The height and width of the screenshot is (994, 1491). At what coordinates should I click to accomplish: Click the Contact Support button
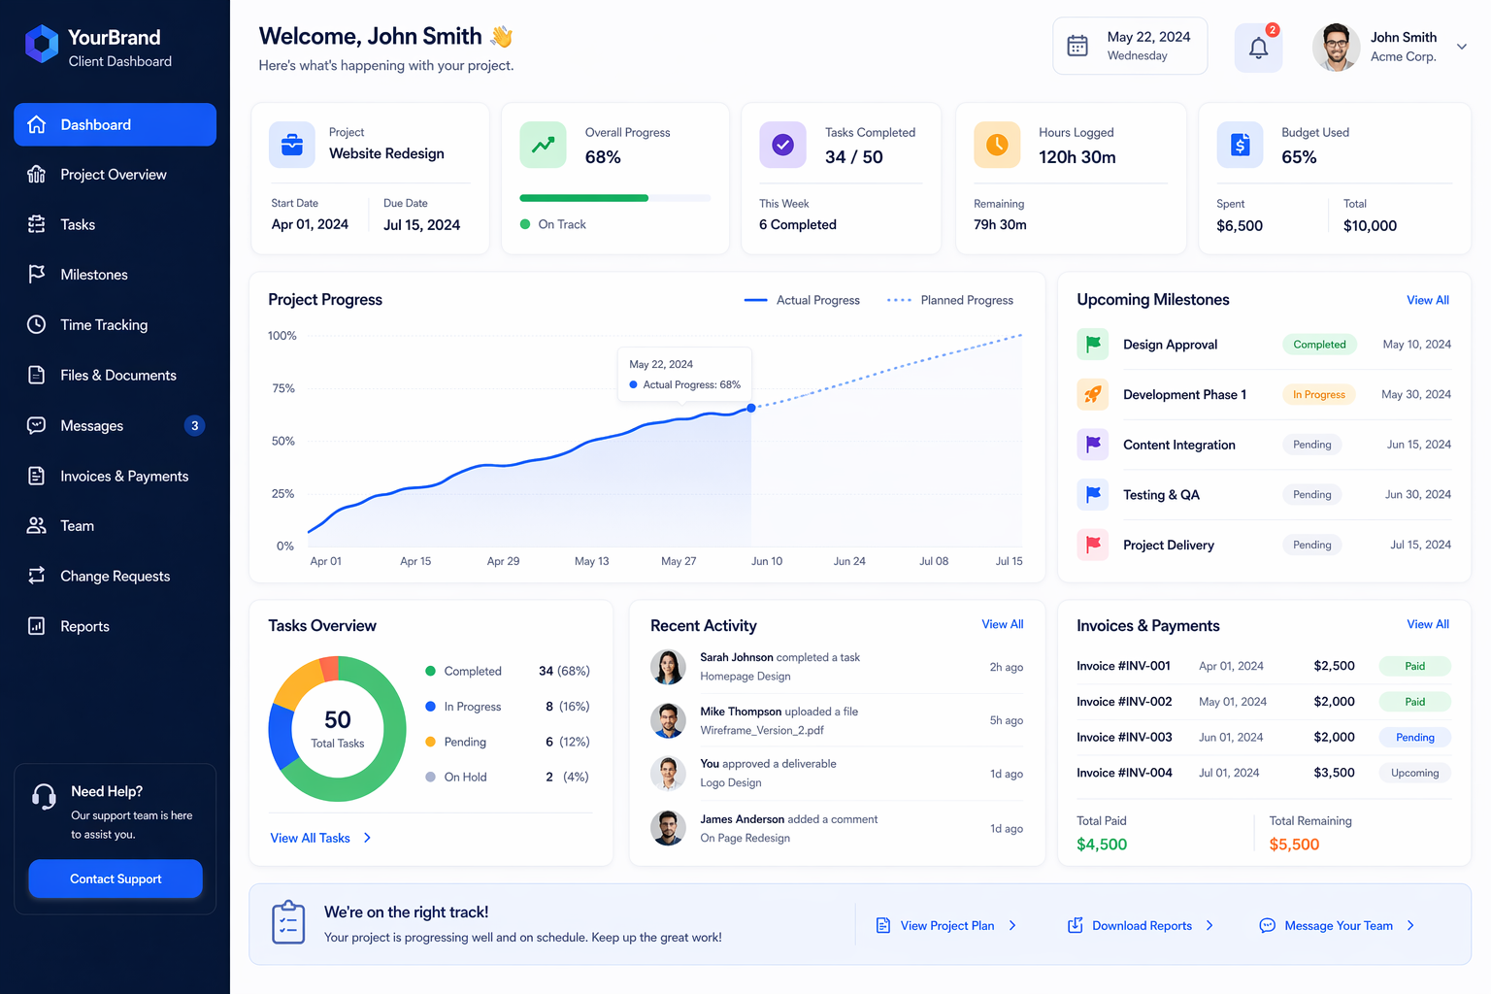[116, 878]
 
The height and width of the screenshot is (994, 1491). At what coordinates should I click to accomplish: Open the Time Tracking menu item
[104, 325]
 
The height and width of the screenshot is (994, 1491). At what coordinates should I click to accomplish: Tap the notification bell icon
[1258, 48]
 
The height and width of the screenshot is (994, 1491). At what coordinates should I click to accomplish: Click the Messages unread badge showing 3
[195, 425]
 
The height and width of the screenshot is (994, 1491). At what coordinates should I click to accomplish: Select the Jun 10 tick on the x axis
[767, 561]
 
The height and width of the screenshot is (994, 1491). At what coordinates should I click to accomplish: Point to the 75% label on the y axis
[283, 388]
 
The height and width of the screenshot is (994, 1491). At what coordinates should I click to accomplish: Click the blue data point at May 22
[751, 408]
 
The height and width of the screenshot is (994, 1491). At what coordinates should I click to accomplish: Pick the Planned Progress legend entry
[950, 300]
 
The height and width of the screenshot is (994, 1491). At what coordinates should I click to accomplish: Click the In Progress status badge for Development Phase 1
[1318, 394]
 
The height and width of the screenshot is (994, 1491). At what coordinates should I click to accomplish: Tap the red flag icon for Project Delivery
[1093, 545]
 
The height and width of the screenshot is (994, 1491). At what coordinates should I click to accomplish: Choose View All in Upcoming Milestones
[1428, 300]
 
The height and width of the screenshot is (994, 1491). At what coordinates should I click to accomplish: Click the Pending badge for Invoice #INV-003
[1414, 738]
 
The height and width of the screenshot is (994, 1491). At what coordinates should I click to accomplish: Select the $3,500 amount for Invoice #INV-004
[1334, 773]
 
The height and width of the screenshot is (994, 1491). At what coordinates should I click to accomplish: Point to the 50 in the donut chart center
[338, 719]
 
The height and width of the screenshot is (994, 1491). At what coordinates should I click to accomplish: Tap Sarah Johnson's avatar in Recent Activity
[668, 667]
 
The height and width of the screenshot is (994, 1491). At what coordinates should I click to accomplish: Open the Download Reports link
[1141, 925]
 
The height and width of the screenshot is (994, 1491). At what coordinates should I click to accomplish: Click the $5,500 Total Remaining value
[1294, 845]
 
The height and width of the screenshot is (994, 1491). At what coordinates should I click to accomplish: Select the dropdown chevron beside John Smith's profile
[1461, 47]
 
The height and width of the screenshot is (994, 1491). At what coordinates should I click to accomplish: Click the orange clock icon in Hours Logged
[997, 145]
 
